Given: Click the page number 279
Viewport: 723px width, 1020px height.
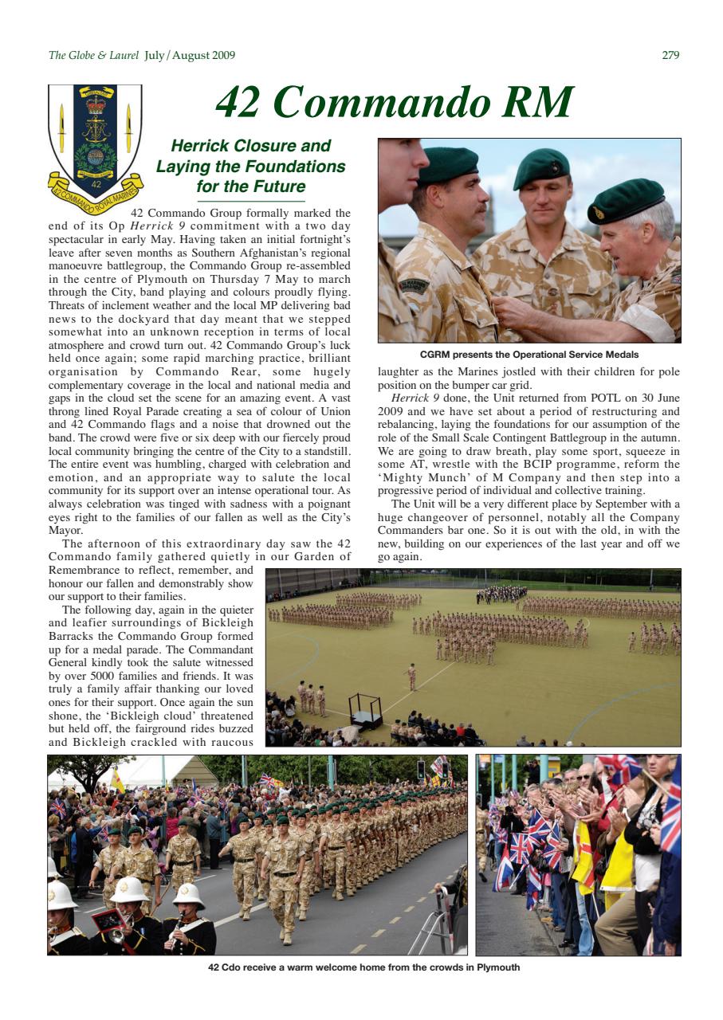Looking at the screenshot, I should [670, 55].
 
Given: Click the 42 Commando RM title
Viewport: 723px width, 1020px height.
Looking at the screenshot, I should [394, 102].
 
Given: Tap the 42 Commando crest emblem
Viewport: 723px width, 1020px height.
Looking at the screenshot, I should [95, 139].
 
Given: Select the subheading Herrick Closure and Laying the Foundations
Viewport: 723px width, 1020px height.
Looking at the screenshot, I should [250, 166].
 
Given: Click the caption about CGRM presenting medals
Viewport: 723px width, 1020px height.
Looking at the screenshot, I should [529, 355].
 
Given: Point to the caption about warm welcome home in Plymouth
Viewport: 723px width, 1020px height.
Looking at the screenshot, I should [363, 967].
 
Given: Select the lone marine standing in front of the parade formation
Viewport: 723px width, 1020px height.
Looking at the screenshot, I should [412, 676].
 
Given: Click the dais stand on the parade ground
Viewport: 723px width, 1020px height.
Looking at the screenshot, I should [364, 709].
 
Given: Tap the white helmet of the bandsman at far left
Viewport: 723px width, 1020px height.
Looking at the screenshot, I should [61, 895].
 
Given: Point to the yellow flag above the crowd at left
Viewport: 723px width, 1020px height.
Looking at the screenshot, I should [117, 780].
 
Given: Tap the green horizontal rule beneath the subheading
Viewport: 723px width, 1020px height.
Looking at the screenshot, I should [250, 202].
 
